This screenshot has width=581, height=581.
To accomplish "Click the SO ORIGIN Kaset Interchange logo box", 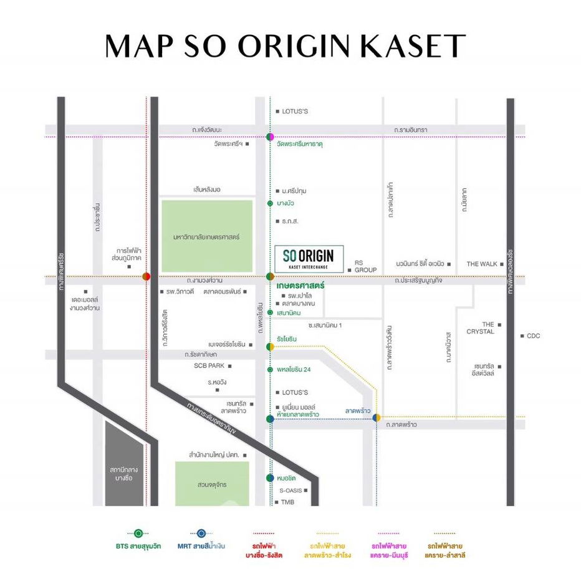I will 308,258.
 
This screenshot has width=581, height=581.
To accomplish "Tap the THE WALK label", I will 482,264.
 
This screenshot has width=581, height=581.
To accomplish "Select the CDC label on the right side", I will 532,336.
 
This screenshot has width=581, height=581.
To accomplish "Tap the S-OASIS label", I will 290,491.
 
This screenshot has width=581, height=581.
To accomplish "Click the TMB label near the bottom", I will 287,502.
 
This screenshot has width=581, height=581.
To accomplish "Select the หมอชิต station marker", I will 269,478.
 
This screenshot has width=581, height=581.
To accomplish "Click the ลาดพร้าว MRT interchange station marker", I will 377,418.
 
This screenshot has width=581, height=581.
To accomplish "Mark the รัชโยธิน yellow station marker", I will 269,346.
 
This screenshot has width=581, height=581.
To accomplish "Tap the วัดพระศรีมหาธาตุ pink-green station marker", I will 269,137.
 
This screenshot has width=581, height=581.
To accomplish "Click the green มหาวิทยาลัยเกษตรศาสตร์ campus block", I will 207,236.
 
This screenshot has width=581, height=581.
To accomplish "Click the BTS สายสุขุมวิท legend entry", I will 138,540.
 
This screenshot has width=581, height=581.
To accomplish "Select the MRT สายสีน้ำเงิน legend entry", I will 201,540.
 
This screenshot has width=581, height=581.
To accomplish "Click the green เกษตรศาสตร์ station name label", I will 297,286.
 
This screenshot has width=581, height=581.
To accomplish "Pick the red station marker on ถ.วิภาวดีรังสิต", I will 146,276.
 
